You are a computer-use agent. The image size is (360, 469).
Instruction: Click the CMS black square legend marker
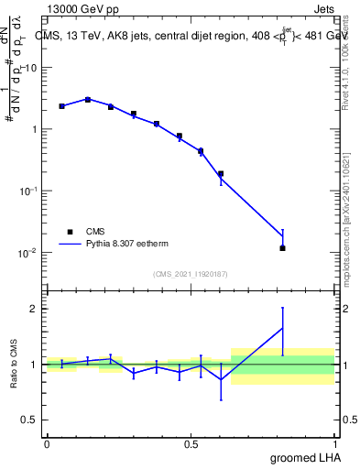point(69,232)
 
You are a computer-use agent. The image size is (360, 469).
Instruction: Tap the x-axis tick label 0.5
point(191,442)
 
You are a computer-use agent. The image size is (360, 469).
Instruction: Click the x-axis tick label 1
point(335,442)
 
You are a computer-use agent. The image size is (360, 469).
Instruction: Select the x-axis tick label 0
point(47,442)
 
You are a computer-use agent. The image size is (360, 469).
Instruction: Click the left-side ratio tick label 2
point(34,309)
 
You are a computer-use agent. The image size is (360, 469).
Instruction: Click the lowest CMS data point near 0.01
point(283,248)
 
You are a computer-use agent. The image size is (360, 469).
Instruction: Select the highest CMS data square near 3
point(88,99)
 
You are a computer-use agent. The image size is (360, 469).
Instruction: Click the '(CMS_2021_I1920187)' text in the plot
point(191,274)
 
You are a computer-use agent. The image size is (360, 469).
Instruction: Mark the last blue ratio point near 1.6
point(283,328)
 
